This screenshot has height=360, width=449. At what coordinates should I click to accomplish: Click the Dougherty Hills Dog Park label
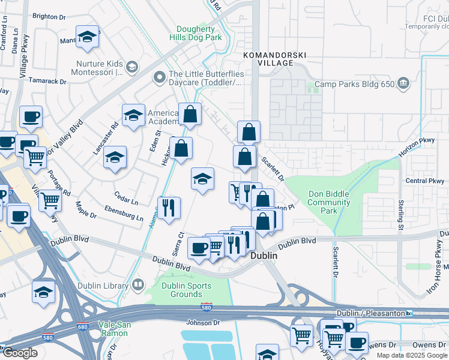[x=199, y=33]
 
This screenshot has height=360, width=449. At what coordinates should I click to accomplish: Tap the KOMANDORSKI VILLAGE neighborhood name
[x=274, y=59]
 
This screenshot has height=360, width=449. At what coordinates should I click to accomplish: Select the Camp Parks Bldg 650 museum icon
[x=403, y=83]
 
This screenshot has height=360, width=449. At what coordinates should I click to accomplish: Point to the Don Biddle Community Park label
[x=328, y=202]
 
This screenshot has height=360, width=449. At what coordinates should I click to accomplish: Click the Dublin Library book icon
[x=139, y=285]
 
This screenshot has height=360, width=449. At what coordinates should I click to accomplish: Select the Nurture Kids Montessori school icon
[x=132, y=66]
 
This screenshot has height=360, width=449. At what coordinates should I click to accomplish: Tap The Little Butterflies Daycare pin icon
[x=159, y=76]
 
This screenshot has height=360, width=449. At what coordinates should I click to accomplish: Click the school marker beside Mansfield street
[x=87, y=37]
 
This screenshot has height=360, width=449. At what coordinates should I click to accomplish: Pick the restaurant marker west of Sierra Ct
[x=169, y=206]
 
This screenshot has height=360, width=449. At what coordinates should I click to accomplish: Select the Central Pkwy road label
[x=424, y=181]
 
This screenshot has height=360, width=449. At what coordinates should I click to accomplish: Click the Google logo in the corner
[x=20, y=353]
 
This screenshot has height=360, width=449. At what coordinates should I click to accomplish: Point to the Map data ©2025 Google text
[x=411, y=355]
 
